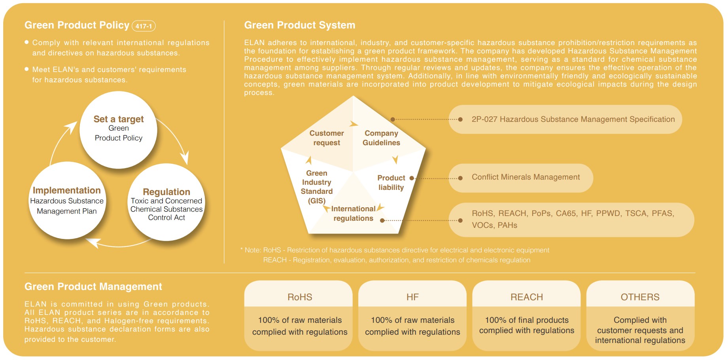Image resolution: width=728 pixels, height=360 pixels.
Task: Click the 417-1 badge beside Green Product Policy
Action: (144, 26)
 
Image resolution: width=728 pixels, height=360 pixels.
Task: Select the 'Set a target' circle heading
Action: (119, 119)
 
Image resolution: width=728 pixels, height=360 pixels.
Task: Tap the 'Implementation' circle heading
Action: (67, 190)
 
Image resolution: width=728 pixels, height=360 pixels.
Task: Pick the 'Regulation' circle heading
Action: (166, 192)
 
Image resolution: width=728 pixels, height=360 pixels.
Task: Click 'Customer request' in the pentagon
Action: (327, 138)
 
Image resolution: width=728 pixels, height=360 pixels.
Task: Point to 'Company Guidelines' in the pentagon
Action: (381, 138)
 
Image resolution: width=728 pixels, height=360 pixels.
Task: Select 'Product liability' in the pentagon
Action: (391, 183)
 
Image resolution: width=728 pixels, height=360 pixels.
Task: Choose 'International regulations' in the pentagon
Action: (353, 214)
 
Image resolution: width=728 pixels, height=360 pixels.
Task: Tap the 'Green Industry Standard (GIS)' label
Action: (317, 187)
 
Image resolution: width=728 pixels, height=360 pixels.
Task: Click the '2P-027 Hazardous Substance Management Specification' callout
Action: (565, 119)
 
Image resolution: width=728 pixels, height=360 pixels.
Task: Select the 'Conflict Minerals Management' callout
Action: (521, 178)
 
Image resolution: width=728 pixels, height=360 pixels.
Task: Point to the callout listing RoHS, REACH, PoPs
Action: (571, 220)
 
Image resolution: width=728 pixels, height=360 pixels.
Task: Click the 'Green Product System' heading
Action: (300, 25)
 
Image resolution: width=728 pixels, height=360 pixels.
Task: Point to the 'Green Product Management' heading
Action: (93, 287)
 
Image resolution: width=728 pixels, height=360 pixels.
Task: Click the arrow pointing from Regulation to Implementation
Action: (119, 245)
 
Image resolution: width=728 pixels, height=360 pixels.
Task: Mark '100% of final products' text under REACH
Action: (527, 320)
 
